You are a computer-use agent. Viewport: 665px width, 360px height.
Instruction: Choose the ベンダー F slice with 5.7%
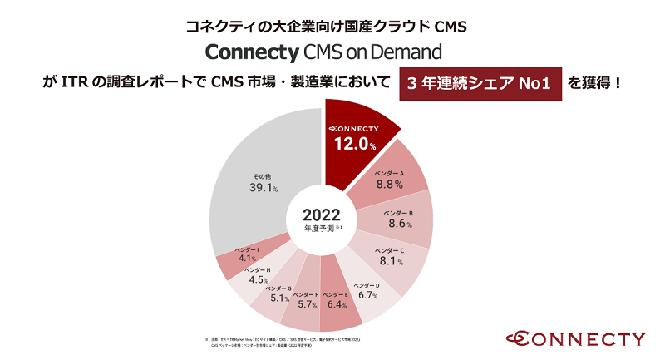pyautogui.click(x=304, y=303)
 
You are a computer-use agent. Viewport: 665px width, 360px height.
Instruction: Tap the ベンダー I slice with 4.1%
pyautogui.click(x=246, y=257)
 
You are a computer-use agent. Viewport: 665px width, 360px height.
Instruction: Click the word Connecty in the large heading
pyautogui.click(x=251, y=52)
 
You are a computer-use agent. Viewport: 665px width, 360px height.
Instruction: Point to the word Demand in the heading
pyautogui.click(x=406, y=52)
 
